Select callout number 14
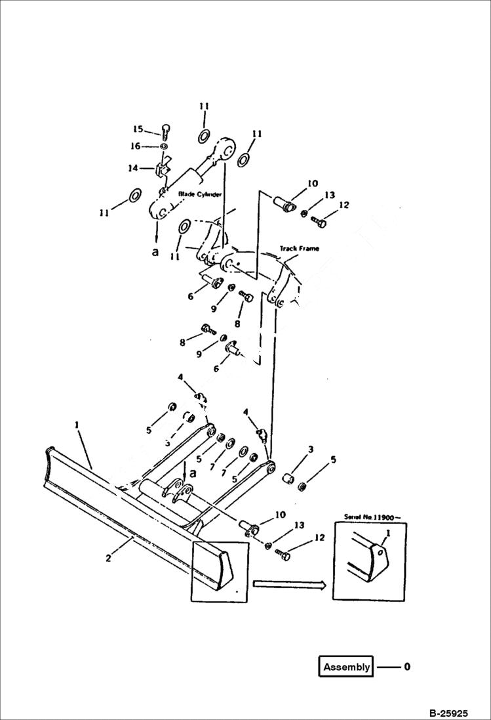(x=133, y=169)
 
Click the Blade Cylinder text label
(x=201, y=194)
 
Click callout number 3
(x=311, y=449)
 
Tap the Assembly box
(x=347, y=667)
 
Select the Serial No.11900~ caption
(x=368, y=517)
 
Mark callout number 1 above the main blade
(x=77, y=425)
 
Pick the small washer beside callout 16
(x=163, y=146)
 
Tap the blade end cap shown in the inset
(x=379, y=558)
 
